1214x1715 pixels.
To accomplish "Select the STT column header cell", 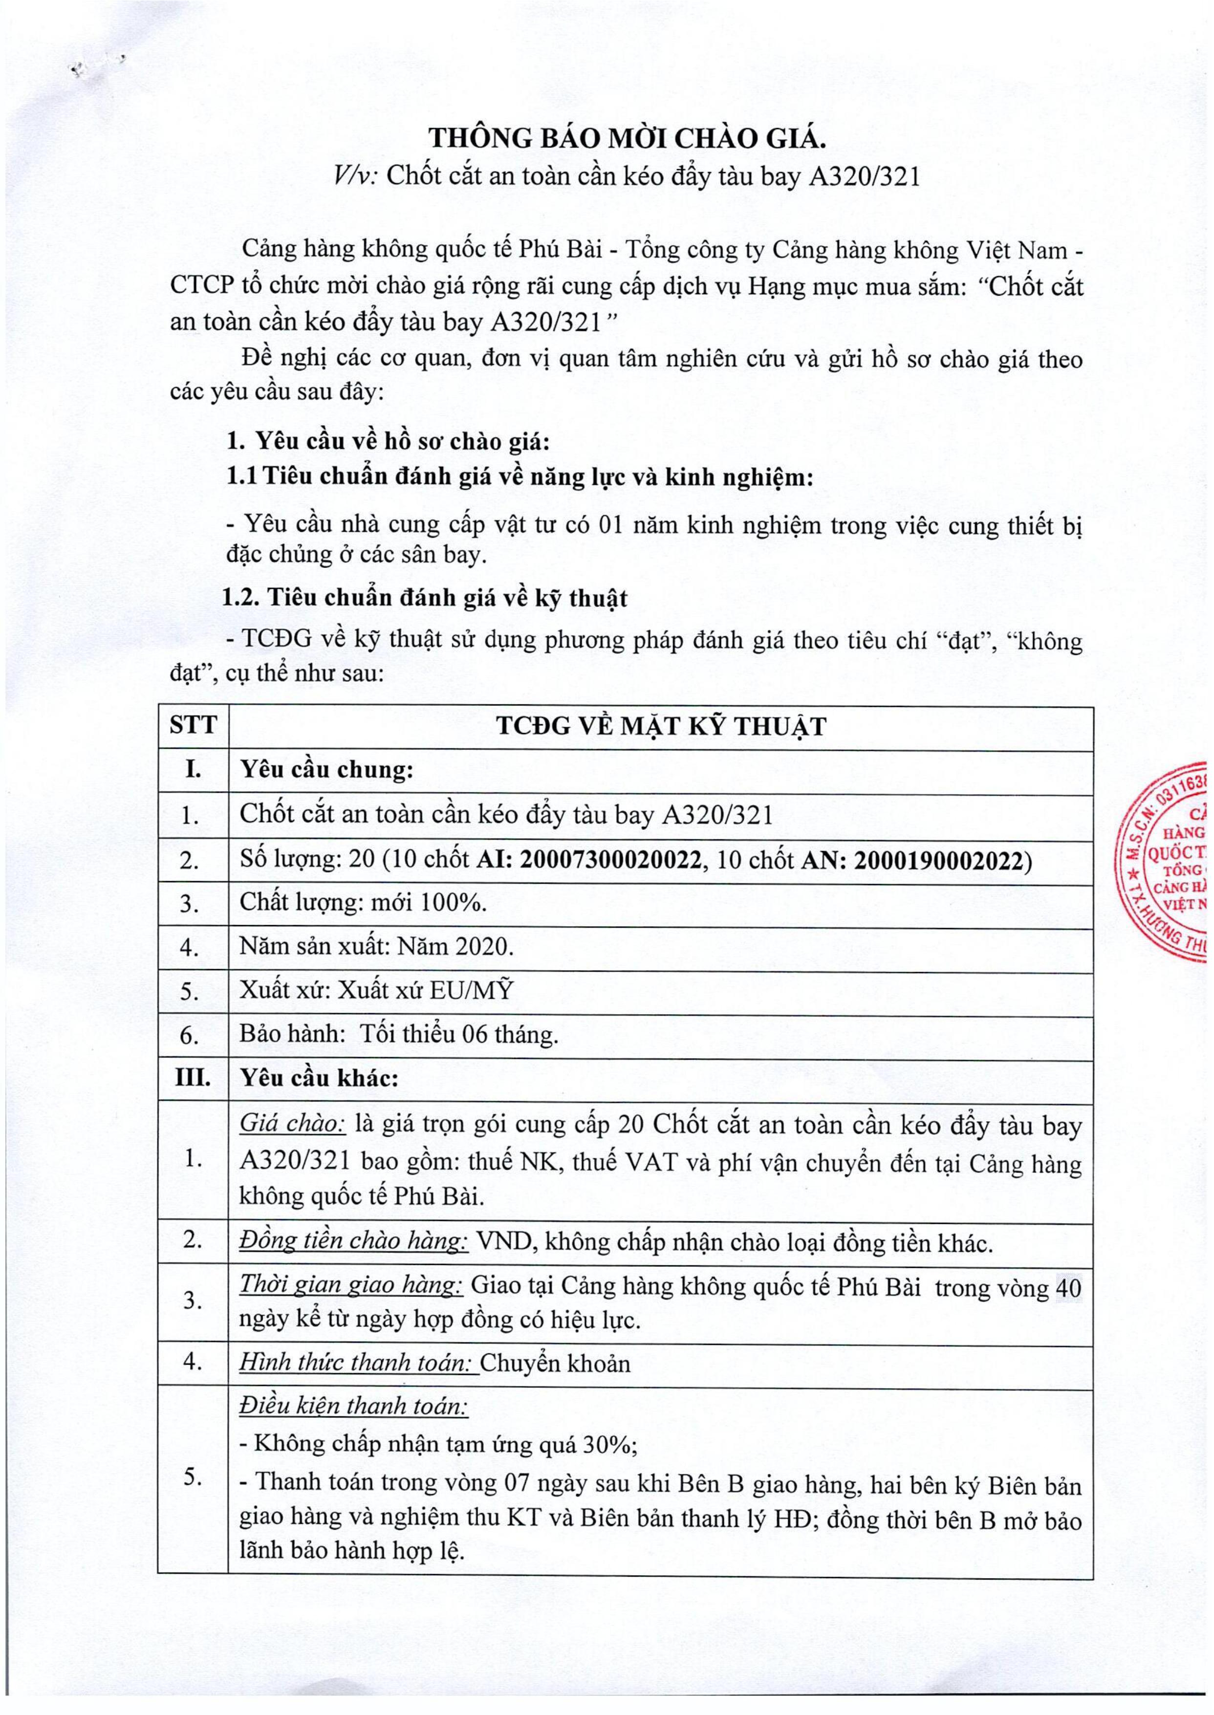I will pyautogui.click(x=193, y=726).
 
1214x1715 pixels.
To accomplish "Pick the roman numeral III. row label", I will pyautogui.click(x=193, y=1079).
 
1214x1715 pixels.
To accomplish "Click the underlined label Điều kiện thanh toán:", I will pyautogui.click(x=353, y=1406).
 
